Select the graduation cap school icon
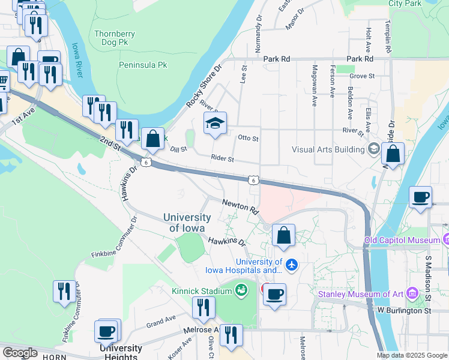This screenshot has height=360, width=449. [x=215, y=124]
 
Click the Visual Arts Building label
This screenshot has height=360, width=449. [x=329, y=149]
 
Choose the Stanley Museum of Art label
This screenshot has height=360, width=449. [x=360, y=294]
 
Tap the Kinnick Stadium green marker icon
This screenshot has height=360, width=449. [x=241, y=291]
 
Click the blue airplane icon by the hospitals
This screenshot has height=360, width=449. [x=292, y=264]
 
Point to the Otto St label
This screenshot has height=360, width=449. [x=248, y=139]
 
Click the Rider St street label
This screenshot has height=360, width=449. [x=222, y=158]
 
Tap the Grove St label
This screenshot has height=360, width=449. [x=362, y=76]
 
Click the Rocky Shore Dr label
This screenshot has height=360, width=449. [x=204, y=86]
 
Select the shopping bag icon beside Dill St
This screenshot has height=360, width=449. [x=153, y=139]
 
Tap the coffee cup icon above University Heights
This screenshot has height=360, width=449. [x=107, y=331]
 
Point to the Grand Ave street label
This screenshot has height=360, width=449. [x=160, y=320]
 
